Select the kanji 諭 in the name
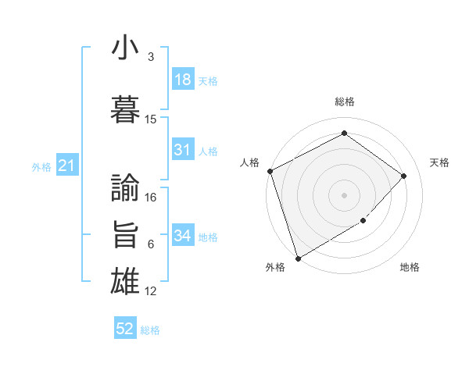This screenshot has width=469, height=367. pos(126,187)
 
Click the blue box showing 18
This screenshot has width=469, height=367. pos(183,80)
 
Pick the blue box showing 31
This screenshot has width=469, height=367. pos(183,150)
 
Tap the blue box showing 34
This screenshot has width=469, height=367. pos(183,236)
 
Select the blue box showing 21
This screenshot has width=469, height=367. pos(66,166)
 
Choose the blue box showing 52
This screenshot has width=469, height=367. pos(125,329)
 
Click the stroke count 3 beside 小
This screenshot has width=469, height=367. pos(151,57)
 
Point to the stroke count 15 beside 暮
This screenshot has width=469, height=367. pos(151,119)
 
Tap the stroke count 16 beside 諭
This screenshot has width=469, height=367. pos(152,198)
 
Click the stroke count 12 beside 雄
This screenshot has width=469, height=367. pos(152,291)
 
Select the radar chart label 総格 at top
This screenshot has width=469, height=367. pos(345,102)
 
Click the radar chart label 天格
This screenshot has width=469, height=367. pos(440,162)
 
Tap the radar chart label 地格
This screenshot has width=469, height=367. pos(410,267)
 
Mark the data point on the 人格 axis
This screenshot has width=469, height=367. pos(270,171)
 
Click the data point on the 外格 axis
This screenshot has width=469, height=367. pos(298,258)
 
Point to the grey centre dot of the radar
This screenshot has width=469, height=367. pos(345,194)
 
